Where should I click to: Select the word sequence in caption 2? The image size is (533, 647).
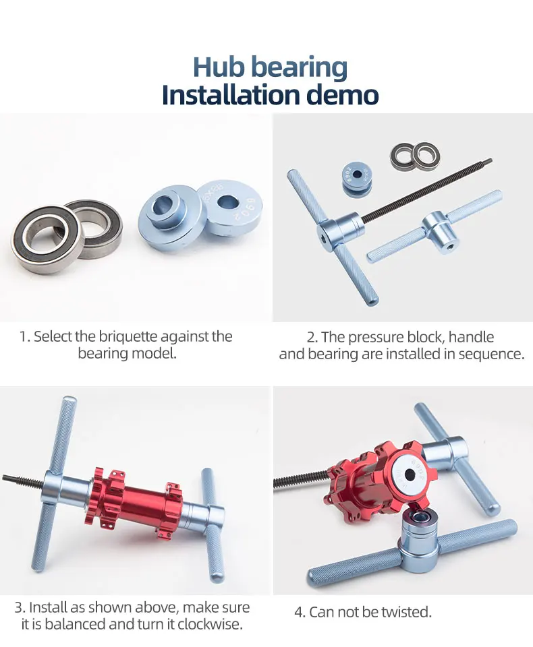491,354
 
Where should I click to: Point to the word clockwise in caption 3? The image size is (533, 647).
211,624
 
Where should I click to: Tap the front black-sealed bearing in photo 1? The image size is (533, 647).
45,239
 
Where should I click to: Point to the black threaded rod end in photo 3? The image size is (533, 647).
6,479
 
